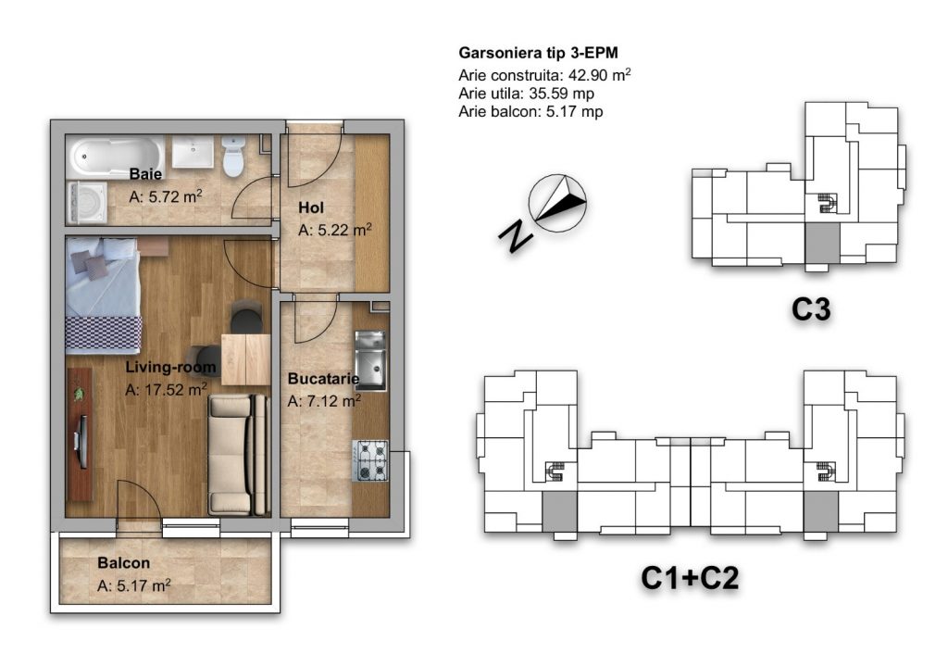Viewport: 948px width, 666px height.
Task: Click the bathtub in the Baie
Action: pos(116,157)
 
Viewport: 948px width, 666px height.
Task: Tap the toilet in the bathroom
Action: pos(232,156)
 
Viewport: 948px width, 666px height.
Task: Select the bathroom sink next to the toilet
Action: pos(193,152)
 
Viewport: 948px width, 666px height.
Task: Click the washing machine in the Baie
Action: pos(87,202)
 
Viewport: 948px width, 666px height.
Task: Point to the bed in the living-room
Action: pos(103,295)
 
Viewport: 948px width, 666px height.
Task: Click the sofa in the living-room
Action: pos(238,454)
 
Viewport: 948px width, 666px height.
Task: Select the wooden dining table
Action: pos(245,359)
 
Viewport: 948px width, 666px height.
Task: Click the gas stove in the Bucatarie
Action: pos(370,461)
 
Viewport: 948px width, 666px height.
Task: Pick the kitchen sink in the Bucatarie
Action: pos(370,360)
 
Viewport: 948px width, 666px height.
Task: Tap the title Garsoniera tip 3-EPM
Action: pos(538,53)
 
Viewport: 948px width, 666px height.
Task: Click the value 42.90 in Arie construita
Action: pos(588,76)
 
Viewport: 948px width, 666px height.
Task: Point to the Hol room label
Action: pos(311,208)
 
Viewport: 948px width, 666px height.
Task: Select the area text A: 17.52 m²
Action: pos(167,390)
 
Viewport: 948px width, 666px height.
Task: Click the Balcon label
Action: pos(123,563)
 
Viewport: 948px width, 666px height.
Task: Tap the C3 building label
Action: pos(811,309)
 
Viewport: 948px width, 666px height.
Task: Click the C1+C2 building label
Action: pos(690,578)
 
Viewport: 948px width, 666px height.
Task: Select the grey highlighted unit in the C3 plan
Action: pos(822,243)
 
